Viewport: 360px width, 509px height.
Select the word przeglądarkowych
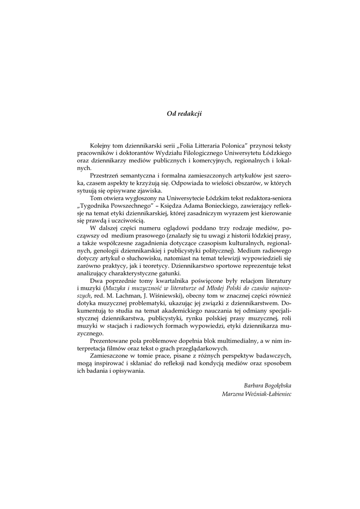click(x=195, y=350)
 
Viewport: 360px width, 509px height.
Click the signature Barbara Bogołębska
click(x=268, y=385)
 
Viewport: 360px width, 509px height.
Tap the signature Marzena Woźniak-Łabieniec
click(x=257, y=394)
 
